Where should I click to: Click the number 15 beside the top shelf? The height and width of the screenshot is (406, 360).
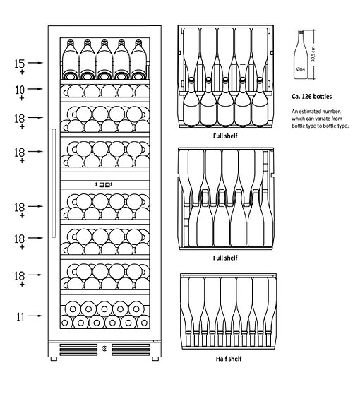19,64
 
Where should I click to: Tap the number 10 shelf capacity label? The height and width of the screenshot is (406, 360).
20,90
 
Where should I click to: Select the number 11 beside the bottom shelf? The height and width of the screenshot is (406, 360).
20,317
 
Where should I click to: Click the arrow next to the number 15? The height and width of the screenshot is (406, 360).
35,63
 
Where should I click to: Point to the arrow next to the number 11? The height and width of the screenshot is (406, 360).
35,316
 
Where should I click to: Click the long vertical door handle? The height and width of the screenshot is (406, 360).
54,183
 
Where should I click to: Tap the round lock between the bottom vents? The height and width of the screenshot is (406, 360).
104,348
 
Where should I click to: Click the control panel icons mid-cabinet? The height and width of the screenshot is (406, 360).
104,184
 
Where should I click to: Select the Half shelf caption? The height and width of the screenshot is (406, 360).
229,359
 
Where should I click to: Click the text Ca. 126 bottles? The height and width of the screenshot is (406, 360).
311,97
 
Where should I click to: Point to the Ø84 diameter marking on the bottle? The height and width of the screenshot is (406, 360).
301,69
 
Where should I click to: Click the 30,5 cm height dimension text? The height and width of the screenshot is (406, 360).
313,54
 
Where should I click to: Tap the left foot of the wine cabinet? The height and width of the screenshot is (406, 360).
54,359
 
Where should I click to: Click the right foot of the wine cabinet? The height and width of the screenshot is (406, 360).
155,359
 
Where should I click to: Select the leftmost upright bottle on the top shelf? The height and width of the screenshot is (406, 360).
71,59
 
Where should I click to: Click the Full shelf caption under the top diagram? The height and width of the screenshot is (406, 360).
225,136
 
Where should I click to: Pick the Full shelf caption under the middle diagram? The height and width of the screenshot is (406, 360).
225,258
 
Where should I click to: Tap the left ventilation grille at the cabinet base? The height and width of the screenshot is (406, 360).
78,350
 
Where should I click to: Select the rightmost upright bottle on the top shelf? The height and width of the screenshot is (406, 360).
139,59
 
